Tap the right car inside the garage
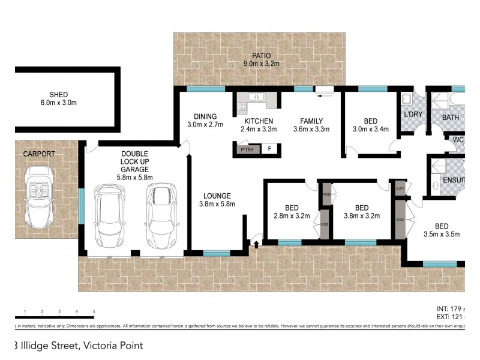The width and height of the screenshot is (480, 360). [161, 216]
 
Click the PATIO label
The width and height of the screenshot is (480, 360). [261, 56]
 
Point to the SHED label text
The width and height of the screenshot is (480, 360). [59, 94]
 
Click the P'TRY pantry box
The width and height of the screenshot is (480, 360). [247, 149]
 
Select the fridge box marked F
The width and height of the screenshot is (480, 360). [270, 149]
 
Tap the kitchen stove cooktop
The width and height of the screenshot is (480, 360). [242, 107]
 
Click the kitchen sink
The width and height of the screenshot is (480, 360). [257, 97]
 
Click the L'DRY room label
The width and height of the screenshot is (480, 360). [413, 114]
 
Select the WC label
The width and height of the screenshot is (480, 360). [458, 140]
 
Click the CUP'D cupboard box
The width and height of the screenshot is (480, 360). [400, 188]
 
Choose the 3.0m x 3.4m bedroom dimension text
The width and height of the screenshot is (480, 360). [370, 128]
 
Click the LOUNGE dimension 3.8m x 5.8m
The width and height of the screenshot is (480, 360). [217, 204]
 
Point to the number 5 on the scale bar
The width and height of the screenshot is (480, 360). [94, 311]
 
